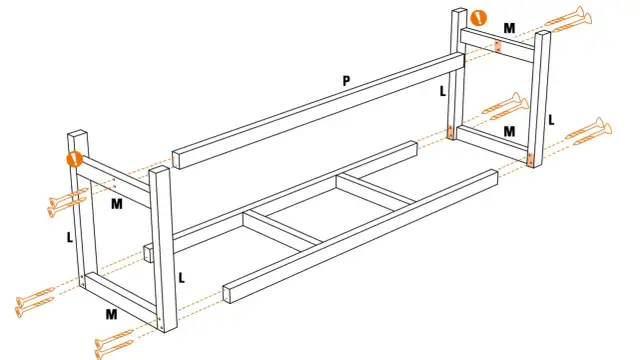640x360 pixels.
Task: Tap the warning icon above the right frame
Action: tap(479, 17)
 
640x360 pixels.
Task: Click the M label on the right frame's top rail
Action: tap(509, 29)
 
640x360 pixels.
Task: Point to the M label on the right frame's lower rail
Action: tap(509, 132)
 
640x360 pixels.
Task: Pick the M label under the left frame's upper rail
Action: tap(117, 204)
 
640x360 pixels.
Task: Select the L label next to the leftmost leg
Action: tap(68, 239)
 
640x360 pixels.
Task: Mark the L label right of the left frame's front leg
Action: tap(181, 276)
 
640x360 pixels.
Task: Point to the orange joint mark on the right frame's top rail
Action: tap(497, 46)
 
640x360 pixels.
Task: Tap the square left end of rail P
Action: tap(177, 159)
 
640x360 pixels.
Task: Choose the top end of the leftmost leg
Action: tap(75, 135)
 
